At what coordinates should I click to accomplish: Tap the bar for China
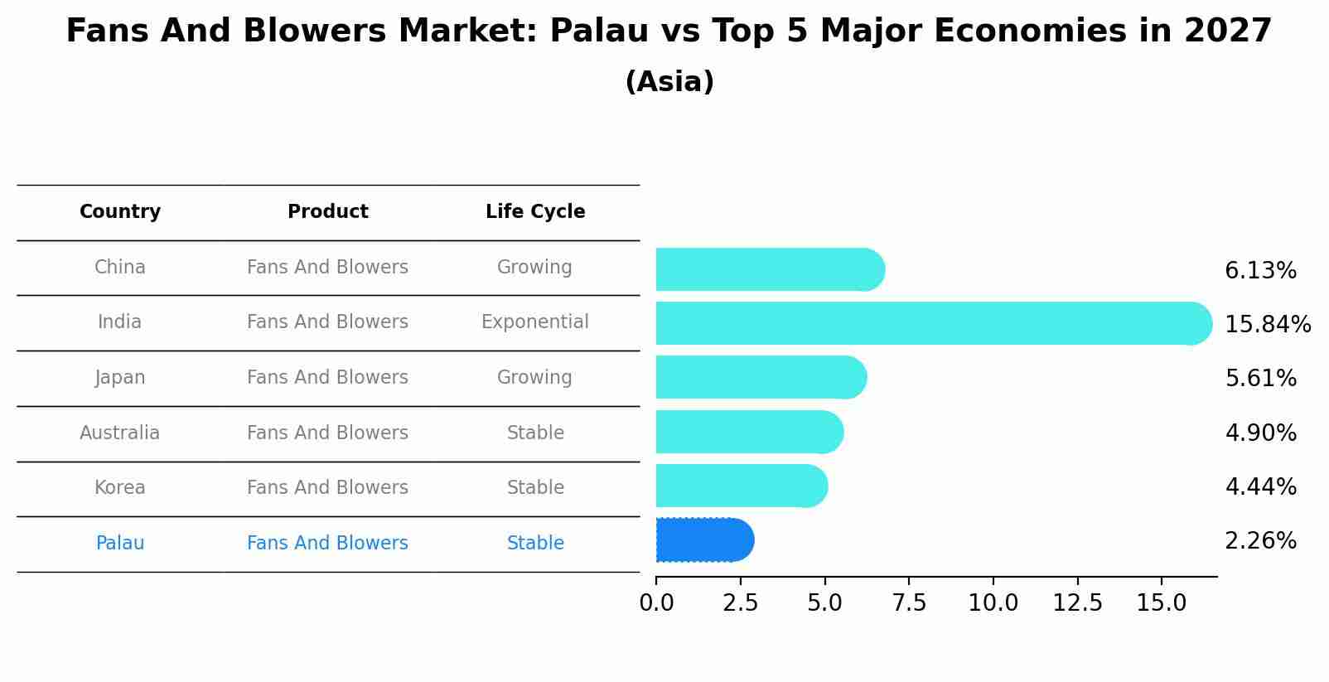pyautogui.click(x=770, y=269)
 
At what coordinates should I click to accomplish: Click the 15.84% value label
pyautogui.click(x=1267, y=324)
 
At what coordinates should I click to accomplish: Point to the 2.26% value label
pyautogui.click(x=1260, y=541)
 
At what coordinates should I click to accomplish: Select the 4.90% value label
pyautogui.click(x=1260, y=433)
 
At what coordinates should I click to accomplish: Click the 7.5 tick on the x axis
pyautogui.click(x=909, y=603)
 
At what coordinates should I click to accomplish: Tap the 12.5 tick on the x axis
pyautogui.click(x=1077, y=603)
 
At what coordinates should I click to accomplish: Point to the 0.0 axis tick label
pyautogui.click(x=656, y=603)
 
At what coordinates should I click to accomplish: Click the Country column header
pyautogui.click(x=120, y=212)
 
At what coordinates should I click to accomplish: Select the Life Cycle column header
pyautogui.click(x=535, y=212)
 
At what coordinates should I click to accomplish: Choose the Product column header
pyautogui.click(x=327, y=212)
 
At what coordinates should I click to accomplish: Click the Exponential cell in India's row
pyautogui.click(x=535, y=322)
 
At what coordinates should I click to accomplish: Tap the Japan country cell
pyautogui.click(x=120, y=378)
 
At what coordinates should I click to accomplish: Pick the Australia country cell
pyautogui.click(x=120, y=433)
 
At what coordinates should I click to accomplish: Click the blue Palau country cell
pyautogui.click(x=120, y=544)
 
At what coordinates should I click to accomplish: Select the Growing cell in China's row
pyautogui.click(x=534, y=267)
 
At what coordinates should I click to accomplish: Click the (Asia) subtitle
pyautogui.click(x=669, y=82)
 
